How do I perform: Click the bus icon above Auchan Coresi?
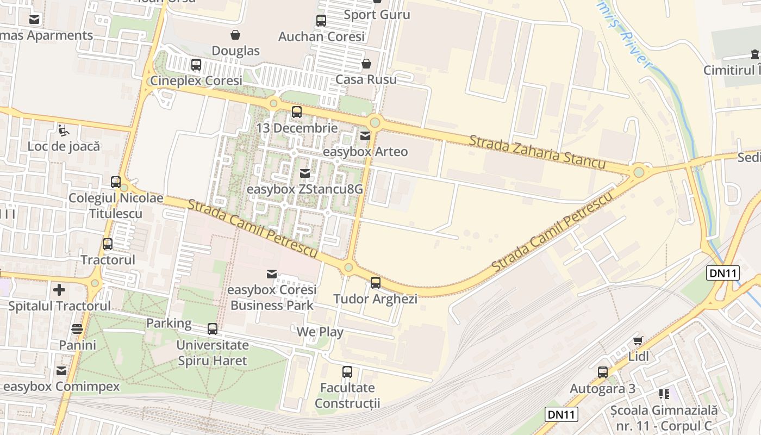click(x=321, y=21)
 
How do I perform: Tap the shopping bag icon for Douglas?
click(x=235, y=35)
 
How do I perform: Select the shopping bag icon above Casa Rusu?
click(x=366, y=64)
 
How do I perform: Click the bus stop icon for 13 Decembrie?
click(x=297, y=113)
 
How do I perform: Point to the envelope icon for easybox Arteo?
click(x=365, y=136)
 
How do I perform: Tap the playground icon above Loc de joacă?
click(x=64, y=130)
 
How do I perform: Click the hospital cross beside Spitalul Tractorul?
click(x=59, y=290)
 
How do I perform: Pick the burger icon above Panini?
click(x=77, y=329)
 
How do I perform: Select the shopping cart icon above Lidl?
click(x=638, y=341)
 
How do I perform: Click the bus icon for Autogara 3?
click(x=603, y=372)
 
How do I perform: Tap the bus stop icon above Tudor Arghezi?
click(x=376, y=283)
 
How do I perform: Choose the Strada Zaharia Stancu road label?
click(x=537, y=152)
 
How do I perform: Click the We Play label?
click(x=320, y=332)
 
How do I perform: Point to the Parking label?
click(x=169, y=323)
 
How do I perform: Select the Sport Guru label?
click(x=377, y=15)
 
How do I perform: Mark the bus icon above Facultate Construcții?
click(x=347, y=372)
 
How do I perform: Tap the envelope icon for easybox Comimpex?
click(x=61, y=371)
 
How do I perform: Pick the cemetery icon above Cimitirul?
click(x=755, y=54)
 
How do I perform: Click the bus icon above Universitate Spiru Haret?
click(x=213, y=329)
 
